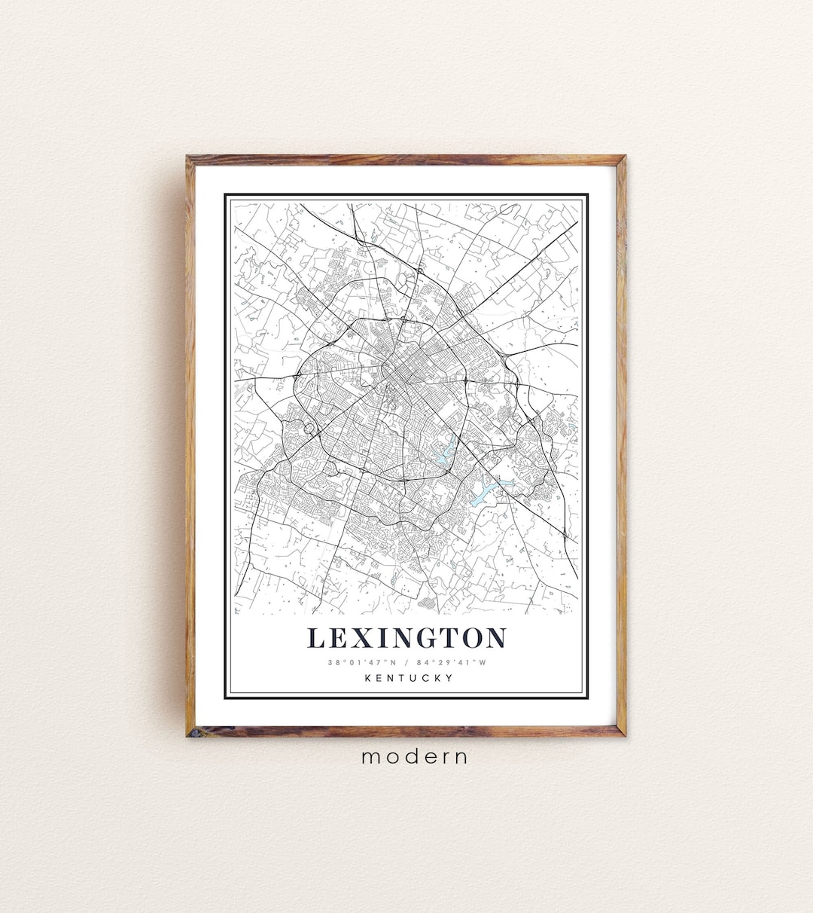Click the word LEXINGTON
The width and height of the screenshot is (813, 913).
406,638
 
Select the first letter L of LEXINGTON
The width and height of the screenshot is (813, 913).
316,638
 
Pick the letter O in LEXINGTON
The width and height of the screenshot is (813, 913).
473,638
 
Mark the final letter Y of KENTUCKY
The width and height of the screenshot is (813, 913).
449,678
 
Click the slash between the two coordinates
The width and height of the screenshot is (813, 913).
406,663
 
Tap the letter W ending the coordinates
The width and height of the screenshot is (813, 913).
483,663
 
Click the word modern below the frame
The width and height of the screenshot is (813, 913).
415,756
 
